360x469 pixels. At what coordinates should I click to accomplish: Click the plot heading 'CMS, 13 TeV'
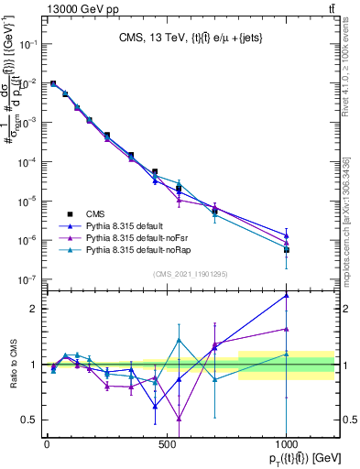144,38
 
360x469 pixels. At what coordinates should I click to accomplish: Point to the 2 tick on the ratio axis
34,309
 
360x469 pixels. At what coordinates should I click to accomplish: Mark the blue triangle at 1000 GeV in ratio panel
287,296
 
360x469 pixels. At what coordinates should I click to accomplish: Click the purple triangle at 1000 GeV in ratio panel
287,329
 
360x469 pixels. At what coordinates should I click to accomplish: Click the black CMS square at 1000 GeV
287,249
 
